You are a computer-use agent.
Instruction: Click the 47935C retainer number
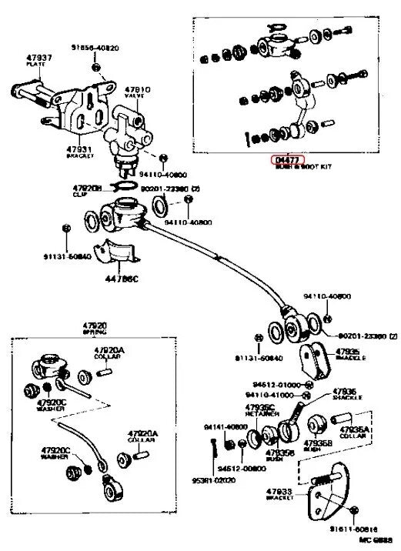[259, 407]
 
